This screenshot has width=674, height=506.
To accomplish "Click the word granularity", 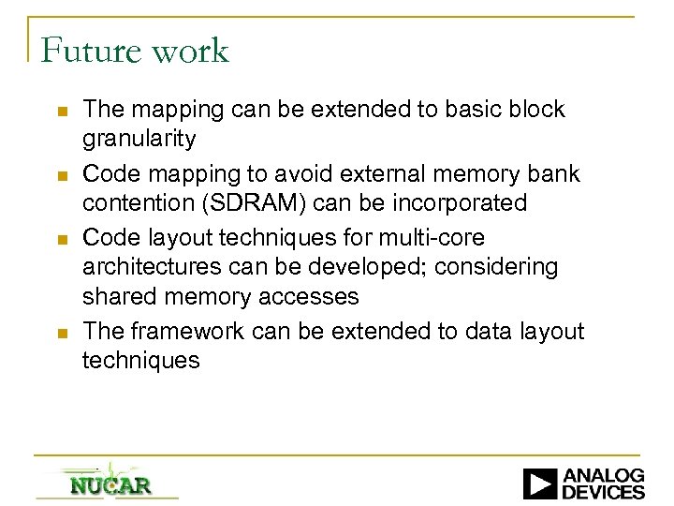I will tap(139, 141).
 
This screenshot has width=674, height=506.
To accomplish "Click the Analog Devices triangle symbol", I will tap(540, 484).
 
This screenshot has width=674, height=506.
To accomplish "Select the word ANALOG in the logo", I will tap(603, 476).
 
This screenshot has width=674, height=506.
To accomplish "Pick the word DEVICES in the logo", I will tap(603, 492).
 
